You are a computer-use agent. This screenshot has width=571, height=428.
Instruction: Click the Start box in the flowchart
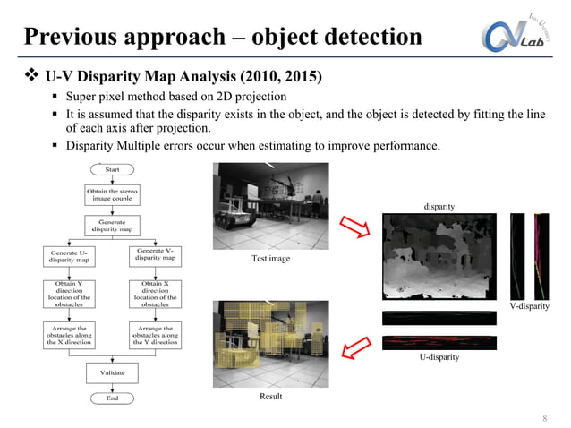[113, 168]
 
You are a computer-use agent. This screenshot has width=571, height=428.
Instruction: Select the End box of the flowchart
[113, 398]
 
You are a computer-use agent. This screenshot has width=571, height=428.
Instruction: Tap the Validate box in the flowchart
[113, 371]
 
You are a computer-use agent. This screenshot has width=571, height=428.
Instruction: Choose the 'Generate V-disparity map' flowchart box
[155, 255]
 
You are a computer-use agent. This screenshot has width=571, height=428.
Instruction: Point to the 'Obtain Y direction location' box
[69, 294]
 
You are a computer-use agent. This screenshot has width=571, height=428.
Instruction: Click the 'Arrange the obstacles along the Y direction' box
[155, 335]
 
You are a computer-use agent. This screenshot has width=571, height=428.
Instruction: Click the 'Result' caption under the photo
[271, 394]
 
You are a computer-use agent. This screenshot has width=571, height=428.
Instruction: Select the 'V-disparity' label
[528, 306]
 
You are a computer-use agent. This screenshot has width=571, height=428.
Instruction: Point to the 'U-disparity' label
[439, 356]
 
